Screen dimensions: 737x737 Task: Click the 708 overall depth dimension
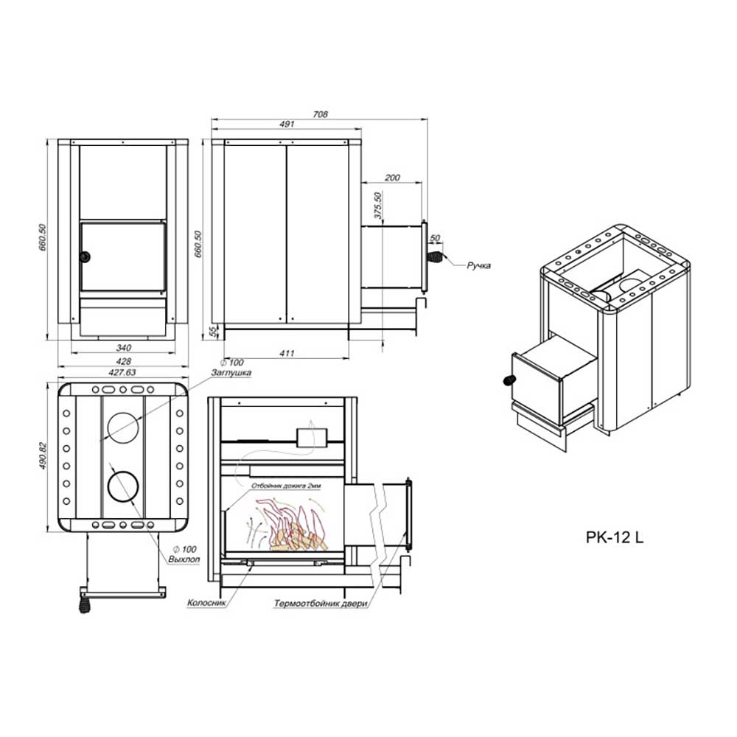(x=320, y=114)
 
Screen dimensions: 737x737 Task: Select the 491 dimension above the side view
(x=287, y=124)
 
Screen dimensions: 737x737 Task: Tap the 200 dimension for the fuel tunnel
(x=392, y=178)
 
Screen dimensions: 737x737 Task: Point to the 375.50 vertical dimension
(x=378, y=206)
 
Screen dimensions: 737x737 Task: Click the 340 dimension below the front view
(x=123, y=348)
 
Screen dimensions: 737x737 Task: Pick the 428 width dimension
(x=123, y=361)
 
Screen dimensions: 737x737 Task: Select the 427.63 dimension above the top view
(x=122, y=372)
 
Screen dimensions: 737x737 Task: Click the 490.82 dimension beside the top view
(x=43, y=456)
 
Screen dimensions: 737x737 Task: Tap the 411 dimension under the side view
(x=287, y=354)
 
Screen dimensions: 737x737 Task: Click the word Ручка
(x=478, y=265)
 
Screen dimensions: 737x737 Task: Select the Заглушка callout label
(x=231, y=373)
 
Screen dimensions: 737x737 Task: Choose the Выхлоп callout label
(x=184, y=559)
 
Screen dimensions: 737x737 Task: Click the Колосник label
(x=206, y=603)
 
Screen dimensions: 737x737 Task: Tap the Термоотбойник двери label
(x=321, y=604)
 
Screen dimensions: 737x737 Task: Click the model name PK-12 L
(x=615, y=537)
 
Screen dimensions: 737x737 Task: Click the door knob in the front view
(x=85, y=256)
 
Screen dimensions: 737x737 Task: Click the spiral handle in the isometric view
(x=509, y=380)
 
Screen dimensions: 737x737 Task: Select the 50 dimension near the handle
(x=435, y=238)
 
